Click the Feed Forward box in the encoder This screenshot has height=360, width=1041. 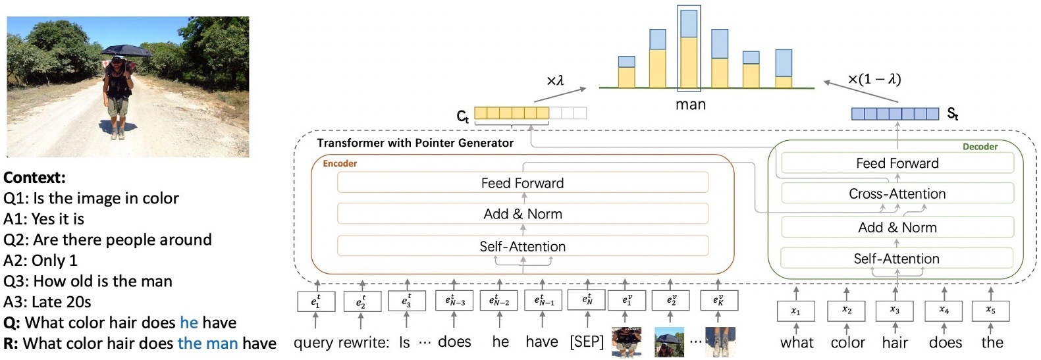(522, 183)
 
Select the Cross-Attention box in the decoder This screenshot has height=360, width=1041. (897, 193)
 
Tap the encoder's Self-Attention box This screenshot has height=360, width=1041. (522, 246)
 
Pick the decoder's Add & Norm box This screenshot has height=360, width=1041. (897, 228)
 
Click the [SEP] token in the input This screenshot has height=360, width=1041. (586, 342)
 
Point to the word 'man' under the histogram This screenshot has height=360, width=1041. (690, 105)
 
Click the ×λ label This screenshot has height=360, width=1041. (555, 81)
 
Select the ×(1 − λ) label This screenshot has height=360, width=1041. (874, 80)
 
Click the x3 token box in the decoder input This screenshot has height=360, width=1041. (894, 311)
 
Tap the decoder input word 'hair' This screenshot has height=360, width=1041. (894, 343)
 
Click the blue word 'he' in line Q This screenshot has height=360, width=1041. (188, 322)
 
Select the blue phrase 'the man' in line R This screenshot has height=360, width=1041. (207, 344)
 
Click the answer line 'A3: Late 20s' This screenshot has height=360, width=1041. (47, 302)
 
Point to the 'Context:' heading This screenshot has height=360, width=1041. (34, 178)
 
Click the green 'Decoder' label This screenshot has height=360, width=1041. (980, 147)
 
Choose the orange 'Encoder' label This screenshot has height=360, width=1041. (340, 163)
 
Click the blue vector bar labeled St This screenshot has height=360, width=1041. (895, 114)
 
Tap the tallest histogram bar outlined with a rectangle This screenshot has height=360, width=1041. (689, 49)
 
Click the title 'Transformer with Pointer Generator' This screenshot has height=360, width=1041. (415, 143)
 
